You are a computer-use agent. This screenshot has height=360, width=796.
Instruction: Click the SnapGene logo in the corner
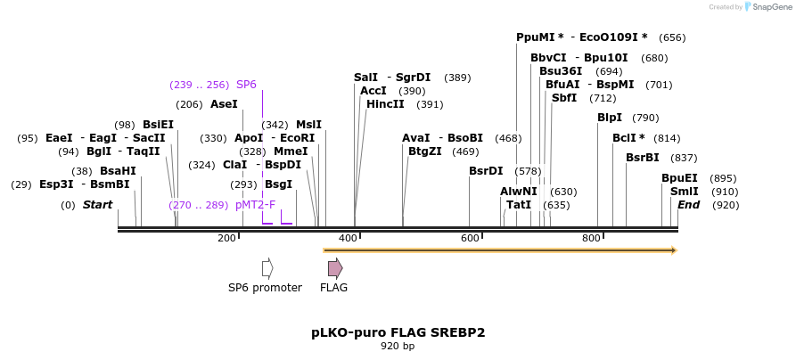click(750, 7)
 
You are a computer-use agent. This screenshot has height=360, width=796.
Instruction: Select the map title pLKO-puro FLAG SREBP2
click(398, 332)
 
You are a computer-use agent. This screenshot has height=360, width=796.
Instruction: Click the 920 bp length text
click(398, 347)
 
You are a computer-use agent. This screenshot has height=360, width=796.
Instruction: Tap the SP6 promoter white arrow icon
click(267, 268)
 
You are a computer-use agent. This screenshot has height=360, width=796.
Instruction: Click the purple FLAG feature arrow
click(334, 268)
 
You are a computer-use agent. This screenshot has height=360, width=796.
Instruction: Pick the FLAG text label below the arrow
click(333, 288)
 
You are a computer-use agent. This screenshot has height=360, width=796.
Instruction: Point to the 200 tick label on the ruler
click(226, 238)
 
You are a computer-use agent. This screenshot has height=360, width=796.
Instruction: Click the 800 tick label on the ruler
click(591, 238)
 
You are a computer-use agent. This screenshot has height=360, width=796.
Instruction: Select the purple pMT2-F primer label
click(256, 205)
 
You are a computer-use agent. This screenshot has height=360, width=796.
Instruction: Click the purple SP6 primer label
click(246, 85)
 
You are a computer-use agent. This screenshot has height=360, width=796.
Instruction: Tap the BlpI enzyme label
click(610, 118)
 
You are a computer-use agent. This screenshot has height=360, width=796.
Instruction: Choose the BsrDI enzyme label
click(486, 171)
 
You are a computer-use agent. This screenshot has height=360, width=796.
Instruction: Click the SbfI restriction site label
click(564, 98)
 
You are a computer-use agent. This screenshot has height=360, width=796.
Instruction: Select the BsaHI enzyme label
click(118, 171)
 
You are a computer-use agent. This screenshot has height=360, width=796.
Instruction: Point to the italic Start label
click(97, 205)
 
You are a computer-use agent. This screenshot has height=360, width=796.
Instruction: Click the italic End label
click(688, 205)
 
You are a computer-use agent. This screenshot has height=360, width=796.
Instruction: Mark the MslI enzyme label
click(308, 125)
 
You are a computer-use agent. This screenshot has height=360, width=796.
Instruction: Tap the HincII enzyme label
click(385, 104)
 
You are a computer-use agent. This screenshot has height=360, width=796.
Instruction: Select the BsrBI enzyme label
click(642, 158)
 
